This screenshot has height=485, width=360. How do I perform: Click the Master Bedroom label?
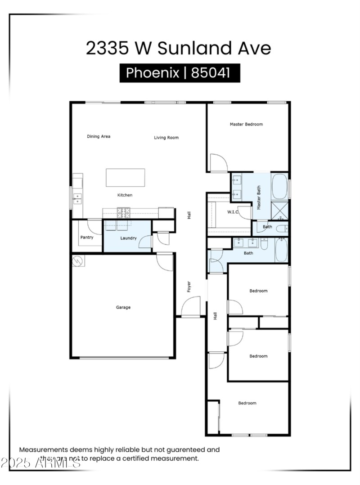click(246, 124)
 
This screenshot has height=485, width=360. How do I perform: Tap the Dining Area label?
click(99, 136)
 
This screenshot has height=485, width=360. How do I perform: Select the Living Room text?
click(166, 138)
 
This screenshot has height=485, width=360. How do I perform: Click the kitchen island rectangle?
click(126, 177)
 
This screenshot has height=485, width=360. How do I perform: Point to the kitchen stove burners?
click(124, 211)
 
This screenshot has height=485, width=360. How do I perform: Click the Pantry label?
click(87, 237)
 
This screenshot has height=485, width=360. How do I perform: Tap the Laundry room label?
click(128, 238)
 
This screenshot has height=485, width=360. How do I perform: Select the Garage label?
click(123, 307)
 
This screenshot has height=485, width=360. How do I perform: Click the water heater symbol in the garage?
click(78, 260)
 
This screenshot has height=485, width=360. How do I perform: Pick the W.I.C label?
click(233, 212)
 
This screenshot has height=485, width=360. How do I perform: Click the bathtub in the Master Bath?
click(279, 187)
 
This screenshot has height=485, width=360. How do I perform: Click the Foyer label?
click(189, 287)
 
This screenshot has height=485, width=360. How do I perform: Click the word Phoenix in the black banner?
click(152, 73)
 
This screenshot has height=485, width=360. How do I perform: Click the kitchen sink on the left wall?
click(77, 198)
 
